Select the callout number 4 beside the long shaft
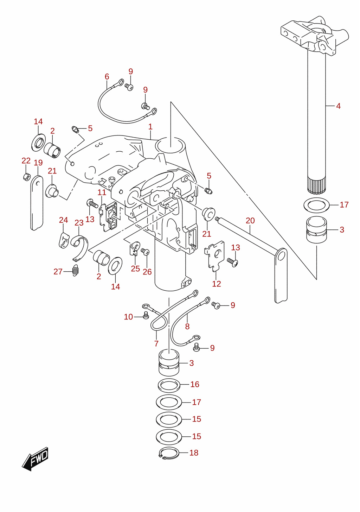(338, 106)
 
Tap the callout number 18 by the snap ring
(194, 453)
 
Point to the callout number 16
(195, 384)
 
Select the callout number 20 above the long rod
(250, 221)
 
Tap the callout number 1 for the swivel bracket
(150, 127)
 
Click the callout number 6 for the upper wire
(107, 77)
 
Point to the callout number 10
(128, 317)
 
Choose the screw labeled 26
(145, 252)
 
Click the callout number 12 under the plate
(217, 284)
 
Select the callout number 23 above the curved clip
(79, 223)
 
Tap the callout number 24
(63, 220)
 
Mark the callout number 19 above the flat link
(38, 163)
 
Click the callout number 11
(102, 192)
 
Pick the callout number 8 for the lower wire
(187, 327)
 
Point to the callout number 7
(156, 343)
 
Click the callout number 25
(135, 268)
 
